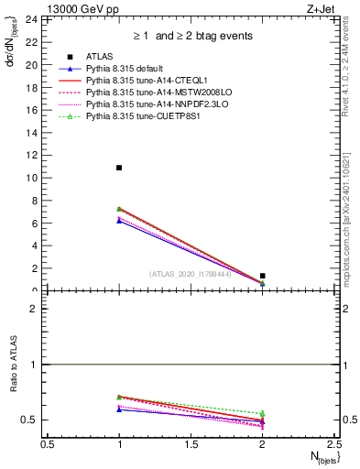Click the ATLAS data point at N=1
pos(119,168)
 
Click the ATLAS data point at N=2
pos(262,276)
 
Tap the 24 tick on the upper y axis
pos(38,19)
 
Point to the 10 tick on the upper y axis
pos(38,178)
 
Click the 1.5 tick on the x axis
pos(191,443)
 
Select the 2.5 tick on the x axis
pos(333,443)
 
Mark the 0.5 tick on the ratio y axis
pos(35,420)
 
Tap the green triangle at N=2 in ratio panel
pos(262,414)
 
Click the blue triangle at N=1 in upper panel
pos(119,221)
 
